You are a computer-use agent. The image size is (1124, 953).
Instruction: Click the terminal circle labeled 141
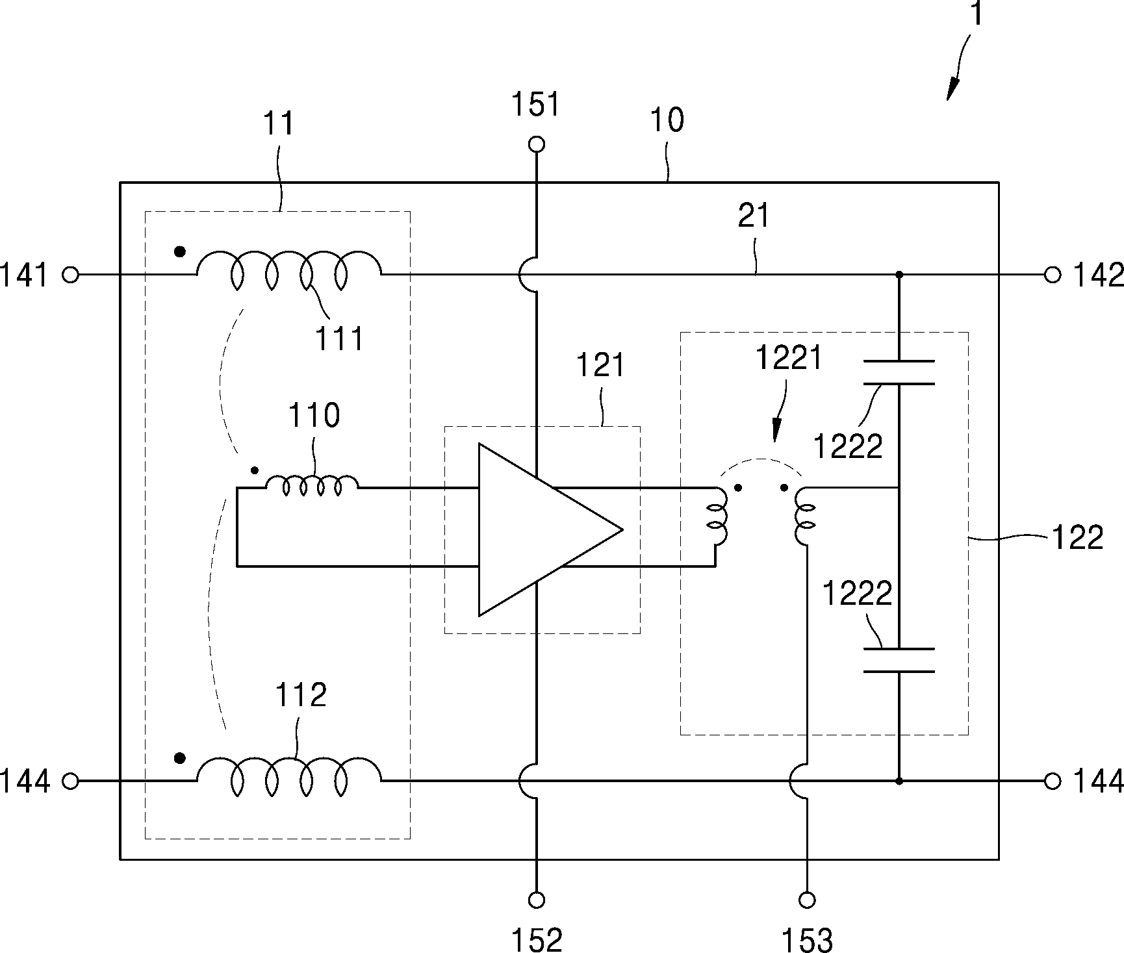70,275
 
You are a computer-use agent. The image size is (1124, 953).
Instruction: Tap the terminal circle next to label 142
1053,275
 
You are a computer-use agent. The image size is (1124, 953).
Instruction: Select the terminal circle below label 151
537,144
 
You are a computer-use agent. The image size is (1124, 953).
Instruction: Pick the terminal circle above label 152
537,900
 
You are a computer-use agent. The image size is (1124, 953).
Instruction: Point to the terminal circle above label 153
807,900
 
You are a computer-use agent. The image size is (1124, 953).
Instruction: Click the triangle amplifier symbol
550,529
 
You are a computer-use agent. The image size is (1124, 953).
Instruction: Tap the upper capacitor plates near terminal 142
899,372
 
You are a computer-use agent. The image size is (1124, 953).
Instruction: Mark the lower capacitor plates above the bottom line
899,660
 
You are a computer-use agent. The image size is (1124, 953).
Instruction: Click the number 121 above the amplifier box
600,366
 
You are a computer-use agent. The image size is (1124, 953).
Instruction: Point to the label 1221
789,358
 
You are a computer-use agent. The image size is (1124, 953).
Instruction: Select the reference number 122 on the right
1077,538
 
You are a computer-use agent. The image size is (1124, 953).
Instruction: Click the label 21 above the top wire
754,216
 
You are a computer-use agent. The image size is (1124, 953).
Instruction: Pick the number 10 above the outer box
667,120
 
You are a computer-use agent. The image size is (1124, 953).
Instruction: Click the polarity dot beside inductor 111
180,251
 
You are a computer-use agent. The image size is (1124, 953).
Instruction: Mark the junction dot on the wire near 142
899,275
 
